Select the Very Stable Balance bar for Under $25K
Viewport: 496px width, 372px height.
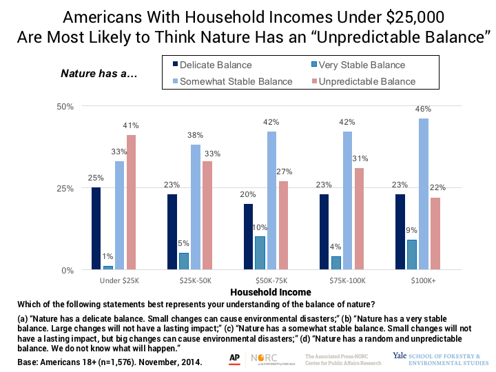[107, 267]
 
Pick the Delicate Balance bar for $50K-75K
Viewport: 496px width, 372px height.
[247, 237]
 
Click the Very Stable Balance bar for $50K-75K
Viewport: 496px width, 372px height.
[259, 254]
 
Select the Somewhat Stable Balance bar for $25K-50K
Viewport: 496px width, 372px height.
[196, 207]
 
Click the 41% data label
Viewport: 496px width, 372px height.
[131, 126]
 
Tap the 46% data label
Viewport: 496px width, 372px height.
[423, 110]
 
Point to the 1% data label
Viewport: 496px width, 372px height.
[107, 257]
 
